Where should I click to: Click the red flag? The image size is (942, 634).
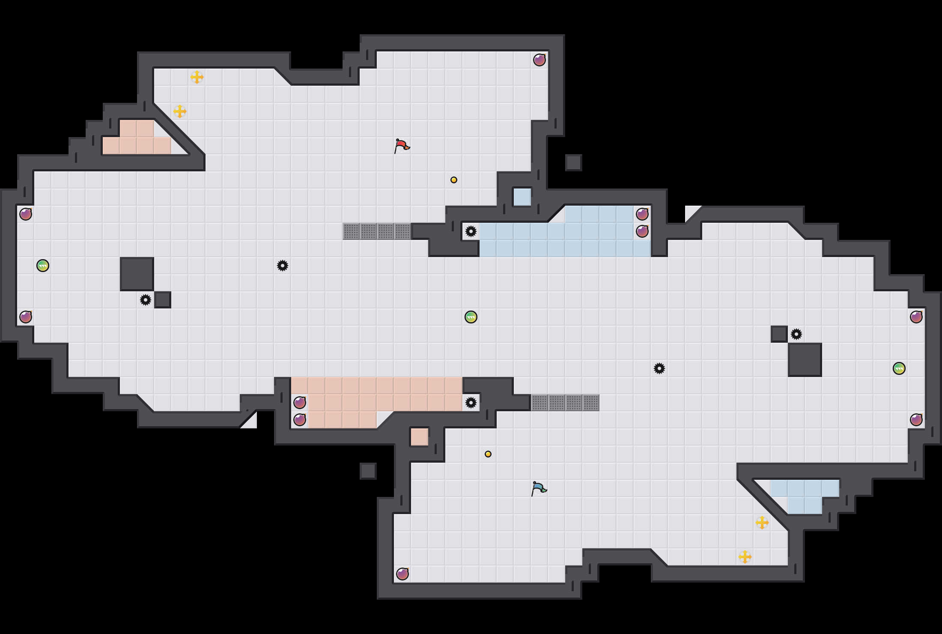pyautogui.click(x=402, y=146)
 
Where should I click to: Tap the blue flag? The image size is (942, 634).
pyautogui.click(x=539, y=488)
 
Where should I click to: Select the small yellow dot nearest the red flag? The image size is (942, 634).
pyautogui.click(x=454, y=180)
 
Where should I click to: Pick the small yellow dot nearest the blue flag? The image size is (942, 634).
pyautogui.click(x=488, y=454)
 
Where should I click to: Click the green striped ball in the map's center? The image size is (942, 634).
pyautogui.click(x=471, y=317)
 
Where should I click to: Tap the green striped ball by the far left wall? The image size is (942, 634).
pyautogui.click(x=43, y=266)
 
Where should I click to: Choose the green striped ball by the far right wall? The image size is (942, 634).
pyautogui.click(x=899, y=368)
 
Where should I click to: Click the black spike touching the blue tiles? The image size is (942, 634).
pyautogui.click(x=471, y=231)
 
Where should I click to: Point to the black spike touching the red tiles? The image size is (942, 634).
pyautogui.click(x=471, y=403)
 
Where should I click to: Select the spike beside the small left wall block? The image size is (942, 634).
pyautogui.click(x=146, y=300)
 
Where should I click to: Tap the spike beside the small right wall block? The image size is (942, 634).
pyautogui.click(x=796, y=334)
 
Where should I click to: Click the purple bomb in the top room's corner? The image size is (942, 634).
pyautogui.click(x=540, y=60)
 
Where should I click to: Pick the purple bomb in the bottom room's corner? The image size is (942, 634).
pyautogui.click(x=402, y=574)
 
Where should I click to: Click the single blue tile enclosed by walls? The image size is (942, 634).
pyautogui.click(x=522, y=197)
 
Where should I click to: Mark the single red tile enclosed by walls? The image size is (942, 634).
pyautogui.click(x=420, y=437)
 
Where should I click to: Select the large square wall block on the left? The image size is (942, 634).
pyautogui.click(x=137, y=274)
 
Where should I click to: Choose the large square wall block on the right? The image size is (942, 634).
pyautogui.click(x=805, y=360)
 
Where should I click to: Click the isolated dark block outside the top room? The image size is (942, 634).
pyautogui.click(x=574, y=163)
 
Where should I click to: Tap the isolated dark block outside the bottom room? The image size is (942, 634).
pyautogui.click(x=368, y=471)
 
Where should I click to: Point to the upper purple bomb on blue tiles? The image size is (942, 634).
pyautogui.click(x=642, y=214)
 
